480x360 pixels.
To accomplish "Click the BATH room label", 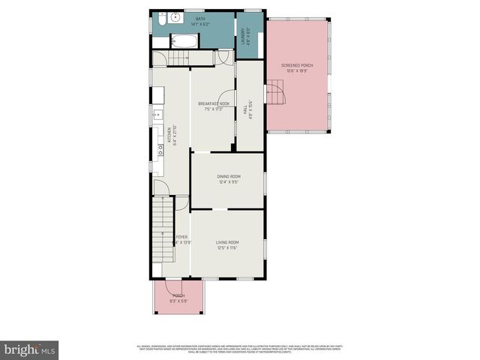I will (199, 19).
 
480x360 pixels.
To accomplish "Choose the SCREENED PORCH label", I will (297, 65).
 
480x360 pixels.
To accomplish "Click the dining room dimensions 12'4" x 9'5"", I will (228, 181).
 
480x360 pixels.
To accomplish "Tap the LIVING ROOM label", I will (227, 241).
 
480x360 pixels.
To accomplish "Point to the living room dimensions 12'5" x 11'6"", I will (227, 247).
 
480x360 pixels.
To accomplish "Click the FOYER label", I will (181, 236).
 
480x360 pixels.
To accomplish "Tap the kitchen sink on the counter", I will (157, 115).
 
